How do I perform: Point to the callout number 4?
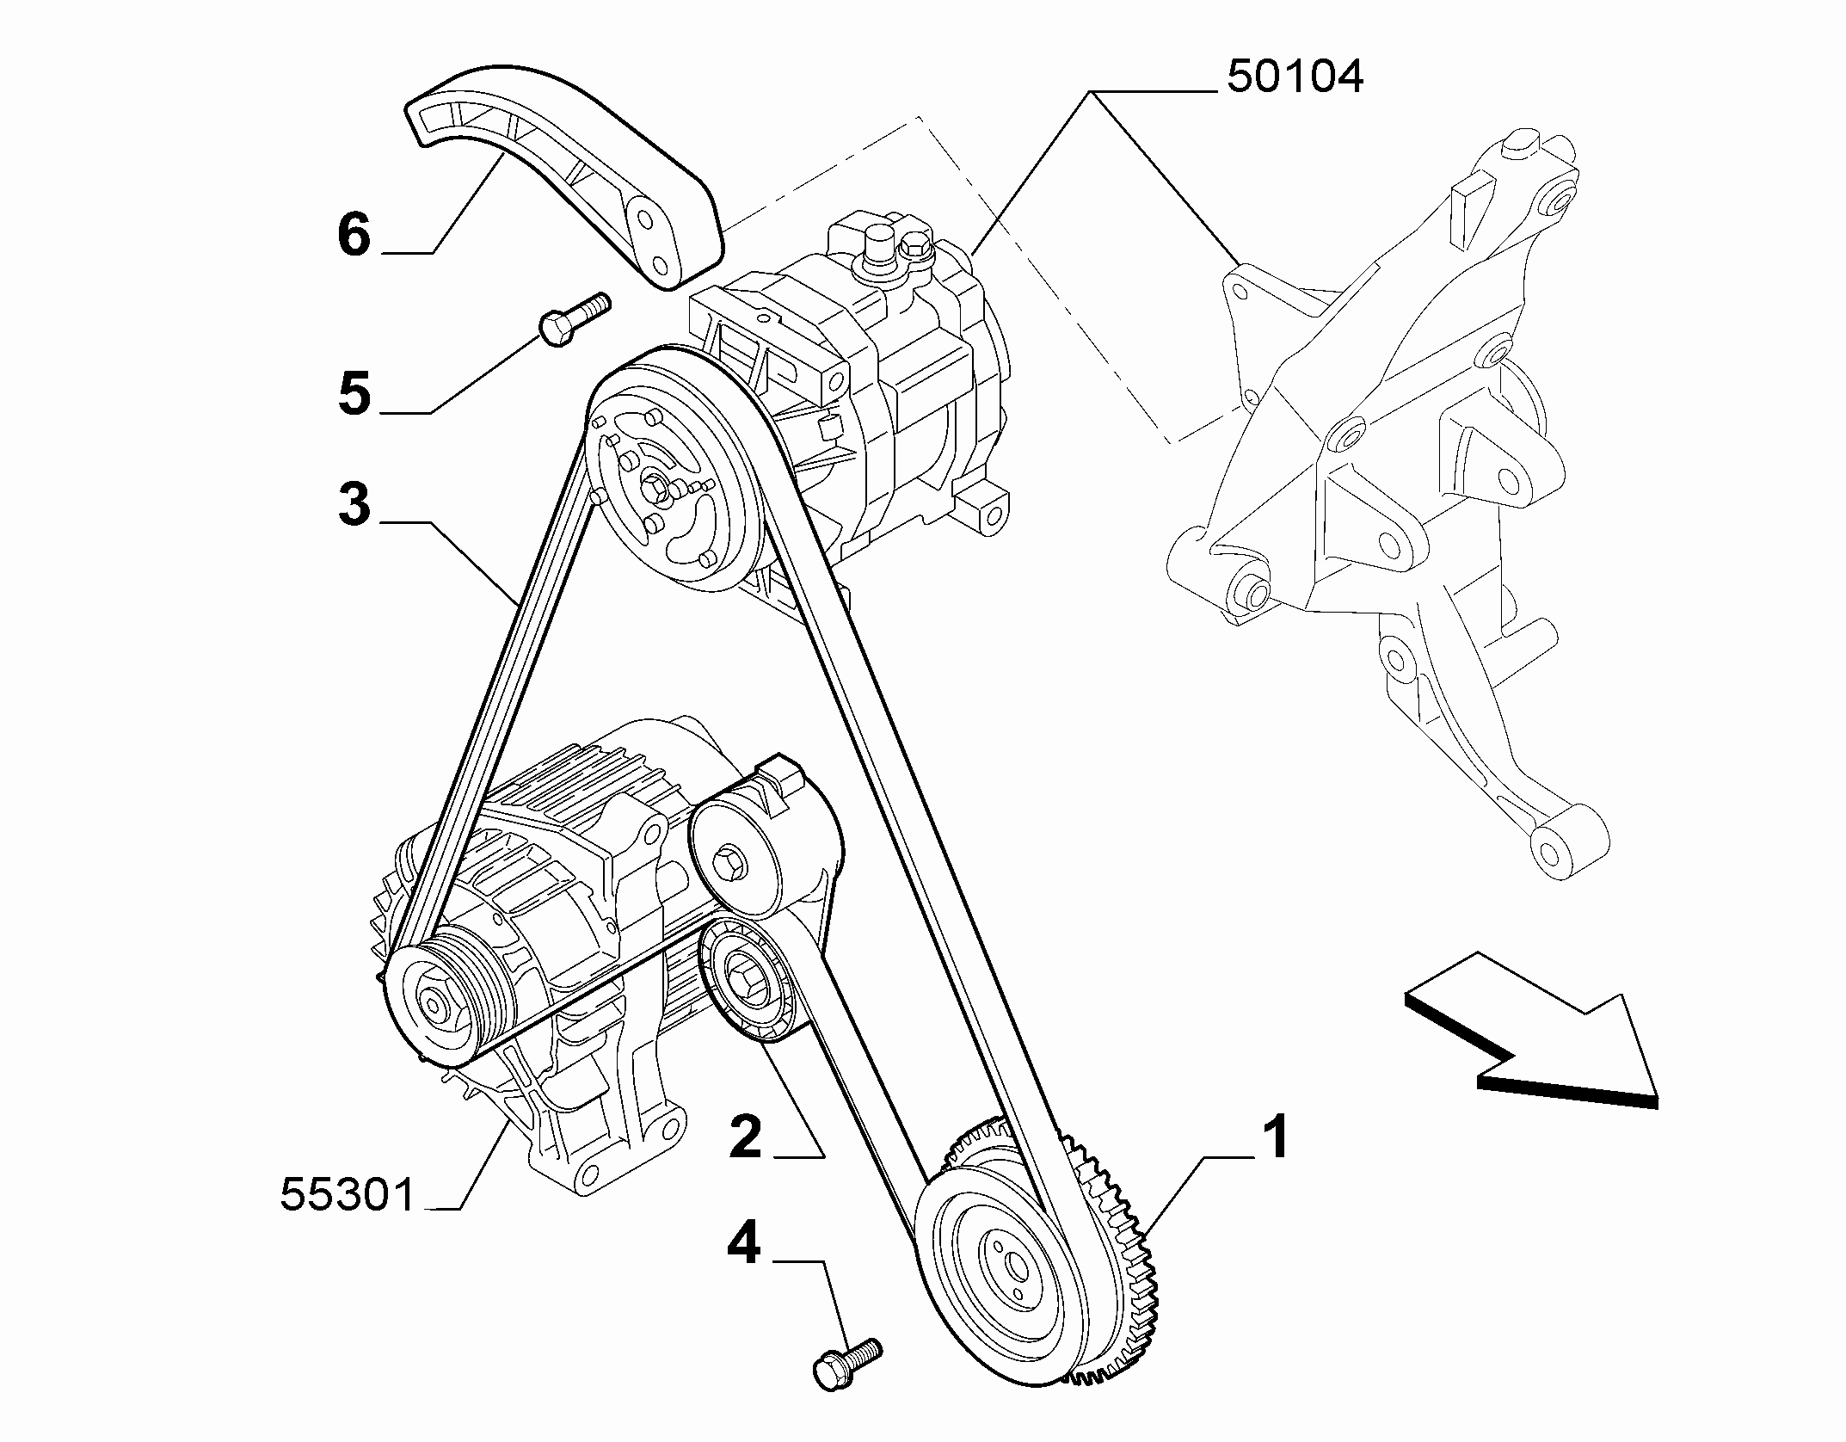(744, 1242)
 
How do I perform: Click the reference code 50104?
(1295, 77)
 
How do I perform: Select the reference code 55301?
(348, 1196)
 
